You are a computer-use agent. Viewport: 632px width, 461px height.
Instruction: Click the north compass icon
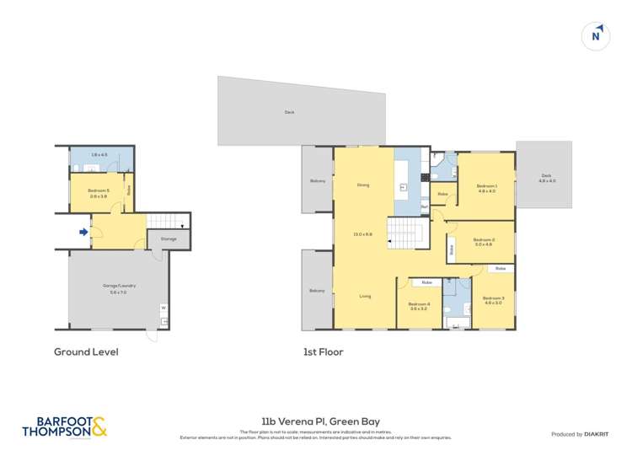click(x=596, y=35)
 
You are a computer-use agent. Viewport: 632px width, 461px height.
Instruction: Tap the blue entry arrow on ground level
click(x=83, y=233)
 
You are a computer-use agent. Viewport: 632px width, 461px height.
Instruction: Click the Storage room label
click(x=168, y=239)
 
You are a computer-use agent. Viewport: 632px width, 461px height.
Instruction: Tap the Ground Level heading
click(x=86, y=351)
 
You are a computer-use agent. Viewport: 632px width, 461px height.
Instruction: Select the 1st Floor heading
click(x=324, y=351)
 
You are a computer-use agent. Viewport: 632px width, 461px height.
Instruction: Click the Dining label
click(x=363, y=185)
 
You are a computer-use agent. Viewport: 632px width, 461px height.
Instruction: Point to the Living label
click(x=365, y=296)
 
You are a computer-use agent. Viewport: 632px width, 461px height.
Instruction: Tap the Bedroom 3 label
click(x=493, y=300)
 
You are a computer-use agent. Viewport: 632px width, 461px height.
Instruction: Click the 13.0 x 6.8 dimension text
click(x=363, y=234)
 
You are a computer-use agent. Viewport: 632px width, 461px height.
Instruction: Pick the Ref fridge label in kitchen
click(x=424, y=206)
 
